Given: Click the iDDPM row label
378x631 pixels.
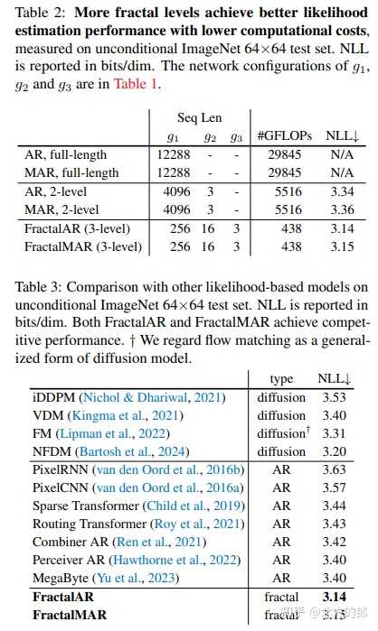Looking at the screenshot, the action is point(53,397).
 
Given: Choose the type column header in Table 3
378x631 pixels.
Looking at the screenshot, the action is point(281,378).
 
